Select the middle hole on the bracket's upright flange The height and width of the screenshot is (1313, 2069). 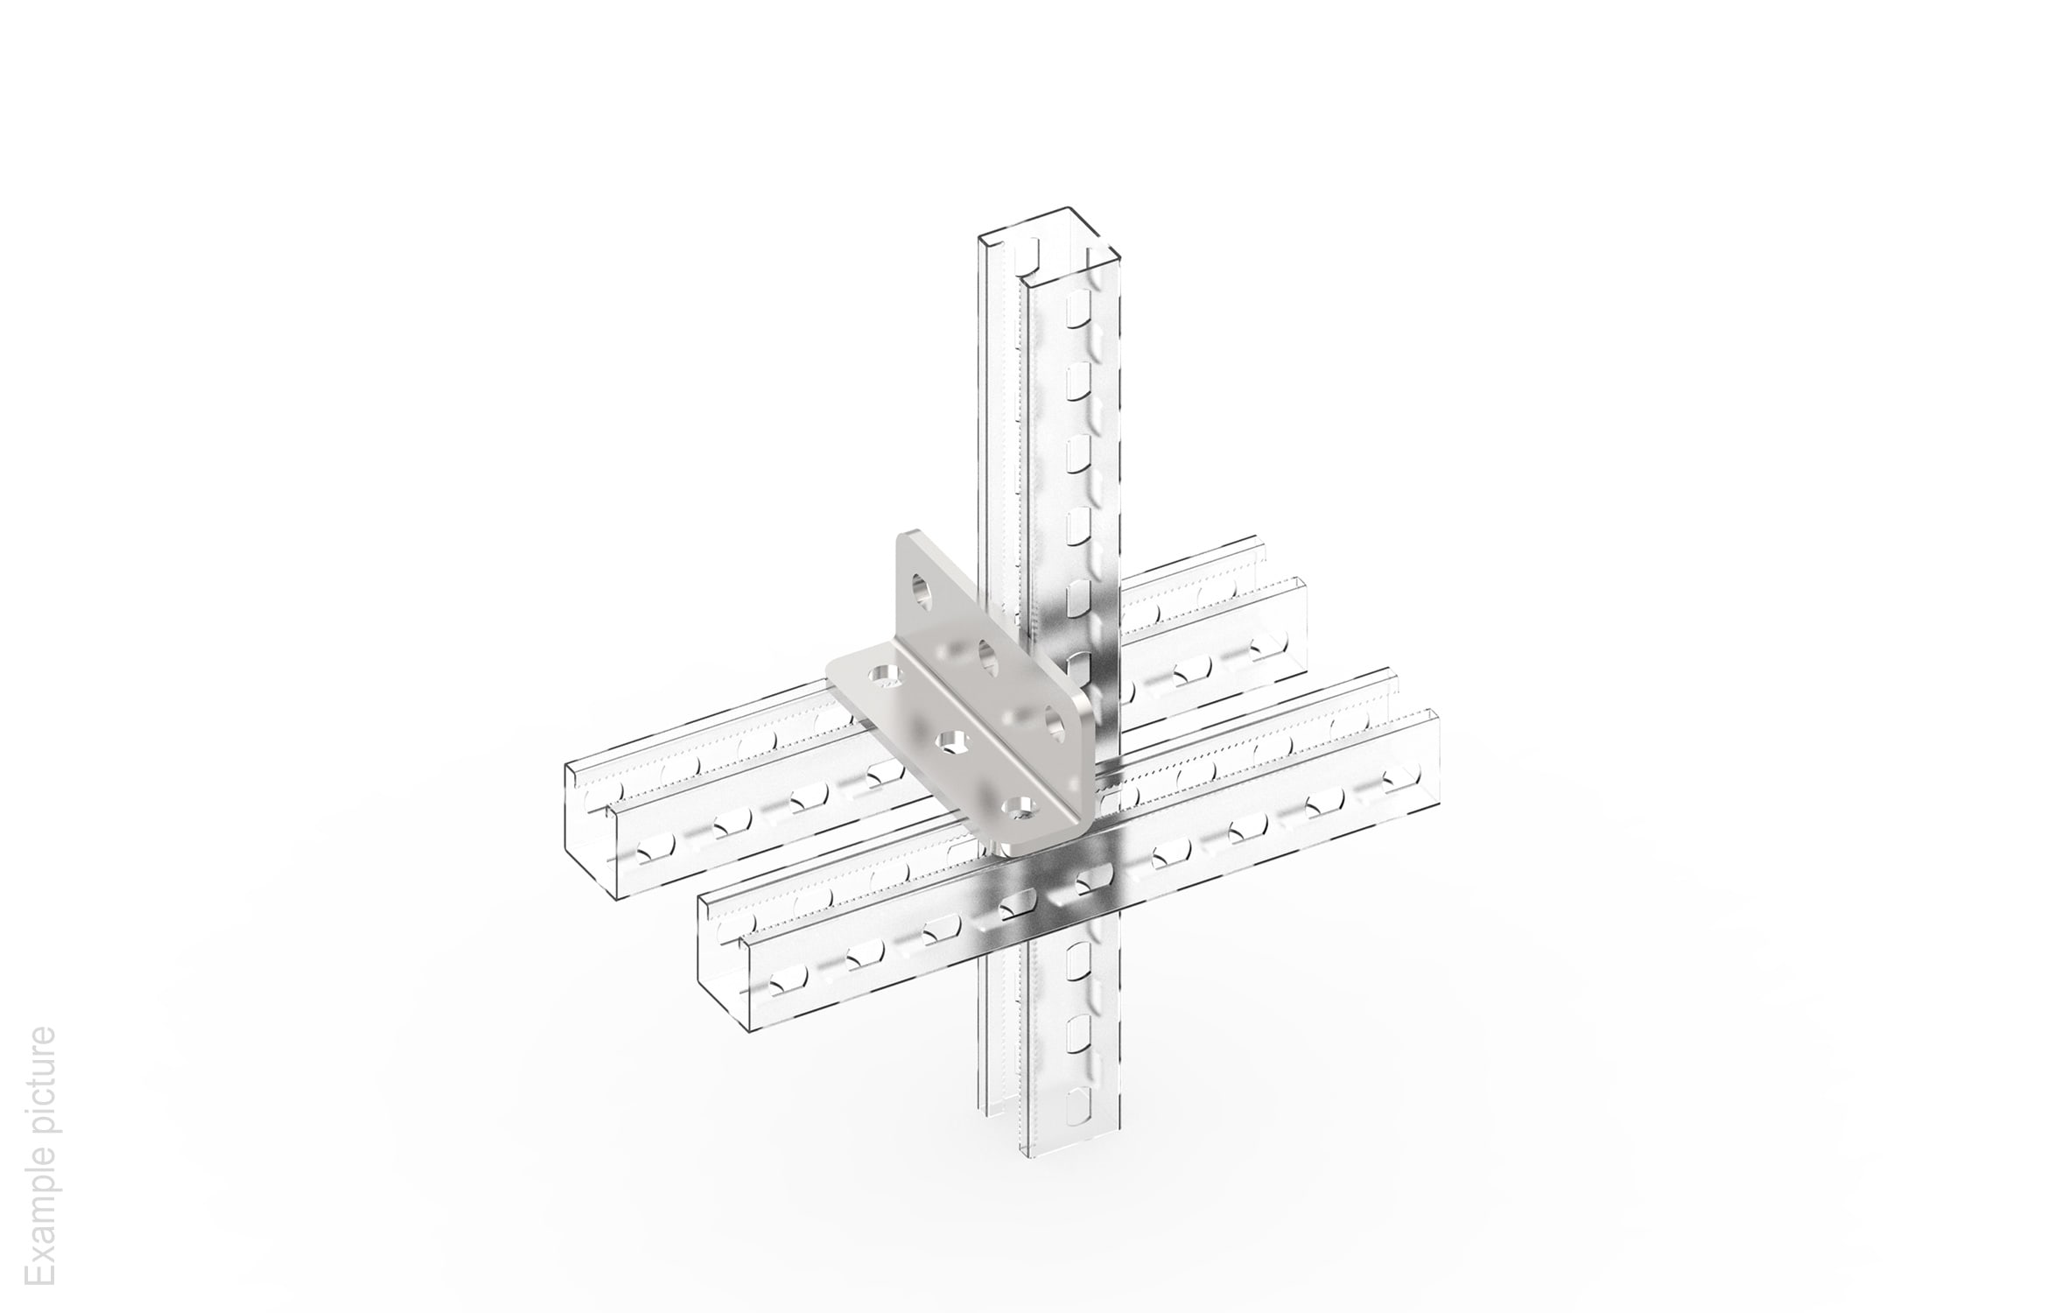[x=988, y=656]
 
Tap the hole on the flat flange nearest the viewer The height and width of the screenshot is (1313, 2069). [x=1018, y=807]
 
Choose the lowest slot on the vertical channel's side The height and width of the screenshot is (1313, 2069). [x=1081, y=1100]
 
